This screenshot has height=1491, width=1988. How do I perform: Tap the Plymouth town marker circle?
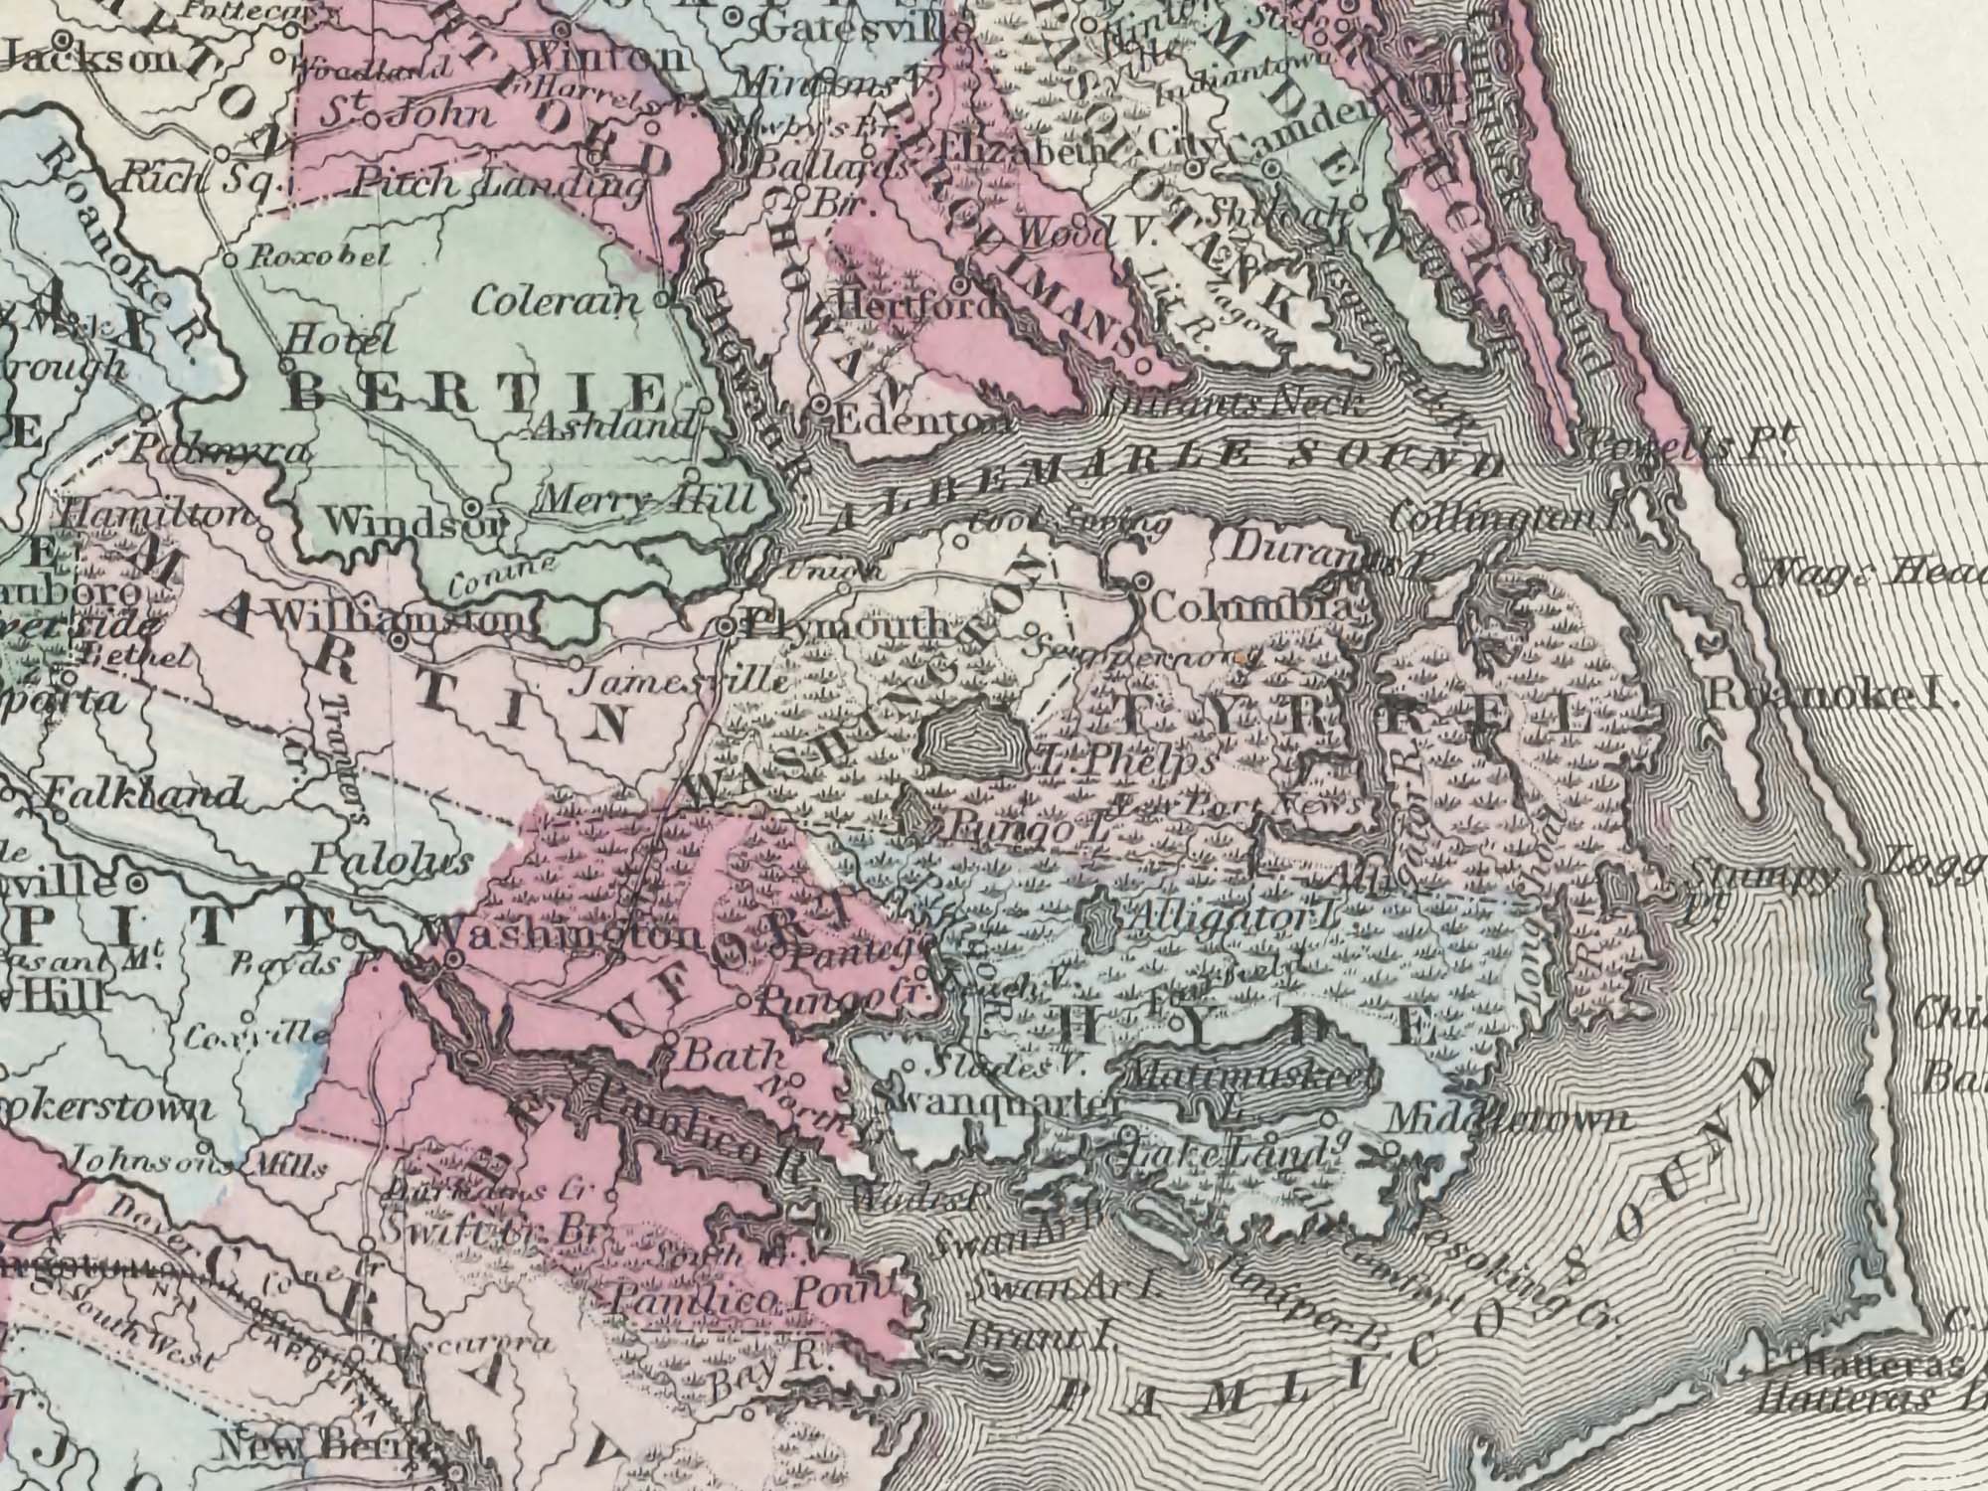click(x=727, y=626)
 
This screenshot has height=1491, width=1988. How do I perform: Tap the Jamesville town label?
click(x=681, y=683)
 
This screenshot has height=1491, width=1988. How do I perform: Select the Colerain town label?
click(x=554, y=300)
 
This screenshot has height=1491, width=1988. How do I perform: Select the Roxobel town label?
click(x=315, y=257)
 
